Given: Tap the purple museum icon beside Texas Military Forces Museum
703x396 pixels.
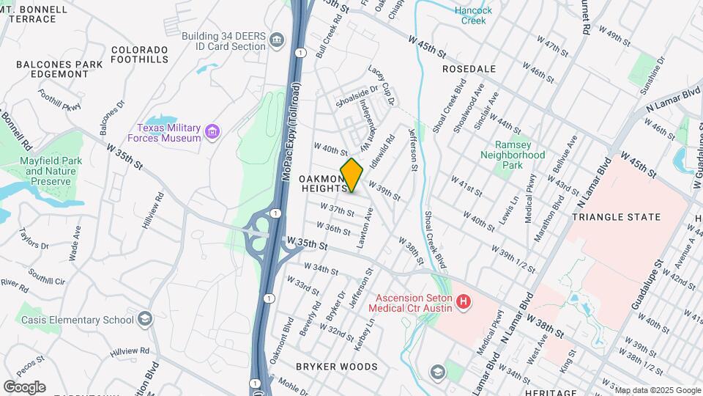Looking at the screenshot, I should [x=212, y=132].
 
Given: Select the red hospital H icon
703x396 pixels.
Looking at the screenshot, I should [x=462, y=301].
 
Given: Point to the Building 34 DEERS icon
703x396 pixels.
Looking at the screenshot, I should [x=276, y=40].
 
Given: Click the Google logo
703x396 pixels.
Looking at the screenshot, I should [x=24, y=386].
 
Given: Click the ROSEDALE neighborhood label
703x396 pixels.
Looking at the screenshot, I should [x=469, y=68].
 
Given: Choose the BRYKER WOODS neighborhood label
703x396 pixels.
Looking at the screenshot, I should [x=336, y=366].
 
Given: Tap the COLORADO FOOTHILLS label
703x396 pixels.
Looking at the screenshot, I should [x=149, y=55].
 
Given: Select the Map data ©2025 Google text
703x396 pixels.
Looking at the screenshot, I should [x=657, y=390].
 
